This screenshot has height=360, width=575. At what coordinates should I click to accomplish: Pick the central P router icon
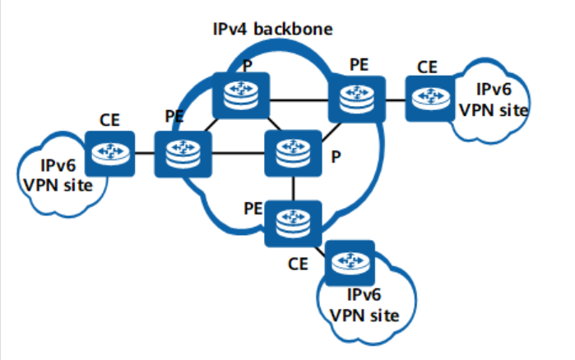(x=288, y=152)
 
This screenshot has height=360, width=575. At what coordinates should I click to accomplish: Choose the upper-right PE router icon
(x=355, y=97)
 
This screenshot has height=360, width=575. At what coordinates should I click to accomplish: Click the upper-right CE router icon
(x=427, y=97)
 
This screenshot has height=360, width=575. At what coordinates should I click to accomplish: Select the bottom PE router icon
(x=288, y=221)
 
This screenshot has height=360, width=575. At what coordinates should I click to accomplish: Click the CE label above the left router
(x=110, y=120)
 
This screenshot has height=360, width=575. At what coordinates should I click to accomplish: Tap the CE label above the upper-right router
(x=426, y=66)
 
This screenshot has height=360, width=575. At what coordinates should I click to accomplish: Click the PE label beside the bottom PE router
(x=253, y=205)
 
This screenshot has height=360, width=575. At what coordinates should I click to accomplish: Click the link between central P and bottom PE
(x=288, y=188)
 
